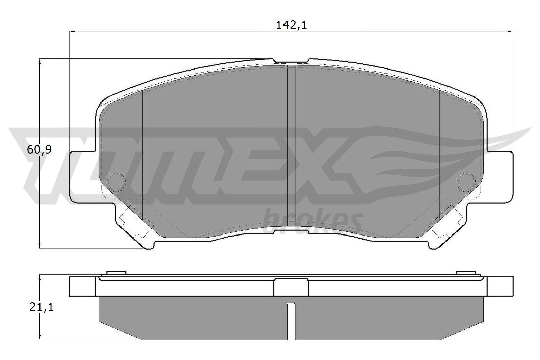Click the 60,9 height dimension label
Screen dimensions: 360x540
[x=39, y=149]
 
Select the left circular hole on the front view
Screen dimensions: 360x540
[x=116, y=182]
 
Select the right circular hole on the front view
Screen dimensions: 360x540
[x=466, y=182]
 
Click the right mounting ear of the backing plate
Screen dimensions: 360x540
[x=500, y=177]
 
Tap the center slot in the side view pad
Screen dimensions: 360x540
[x=291, y=321]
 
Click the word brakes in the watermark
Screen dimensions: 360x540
[x=312, y=221]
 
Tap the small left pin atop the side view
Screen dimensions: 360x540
[x=116, y=273]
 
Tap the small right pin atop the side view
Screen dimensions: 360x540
[x=466, y=273]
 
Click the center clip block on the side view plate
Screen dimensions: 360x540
[x=291, y=287]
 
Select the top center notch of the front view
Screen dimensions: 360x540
[x=291, y=61]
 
